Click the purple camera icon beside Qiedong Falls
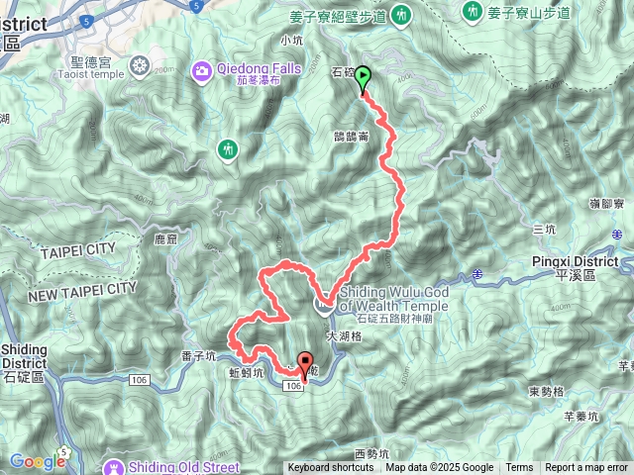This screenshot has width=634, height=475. [x=202, y=68]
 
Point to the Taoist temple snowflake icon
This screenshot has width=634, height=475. [x=140, y=66]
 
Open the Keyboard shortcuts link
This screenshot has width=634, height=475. [x=331, y=468]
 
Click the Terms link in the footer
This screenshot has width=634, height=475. [x=519, y=468]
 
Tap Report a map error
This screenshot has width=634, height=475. [x=586, y=468]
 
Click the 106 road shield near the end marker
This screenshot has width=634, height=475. [x=294, y=387]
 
